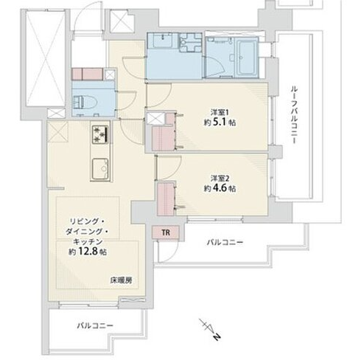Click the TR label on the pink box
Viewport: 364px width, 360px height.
click(x=166, y=232)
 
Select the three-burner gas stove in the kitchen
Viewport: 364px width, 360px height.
click(x=100, y=134)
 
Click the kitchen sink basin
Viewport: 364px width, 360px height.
click(x=100, y=168)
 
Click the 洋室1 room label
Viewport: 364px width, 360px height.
click(x=220, y=113)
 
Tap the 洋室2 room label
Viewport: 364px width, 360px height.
click(x=220, y=178)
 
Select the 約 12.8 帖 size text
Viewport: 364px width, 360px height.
click(x=88, y=252)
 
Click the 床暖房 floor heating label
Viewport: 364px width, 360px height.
click(x=121, y=280)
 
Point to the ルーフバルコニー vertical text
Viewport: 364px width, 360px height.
click(x=293, y=114)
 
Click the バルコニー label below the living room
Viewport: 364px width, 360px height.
click(x=95, y=326)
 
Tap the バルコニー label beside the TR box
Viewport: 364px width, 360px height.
click(x=225, y=243)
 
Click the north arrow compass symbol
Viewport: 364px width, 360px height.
click(x=209, y=329)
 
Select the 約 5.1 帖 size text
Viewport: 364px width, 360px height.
click(x=220, y=122)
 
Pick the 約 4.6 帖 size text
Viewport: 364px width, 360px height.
click(x=220, y=188)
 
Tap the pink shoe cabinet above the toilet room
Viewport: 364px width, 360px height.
click(x=87, y=74)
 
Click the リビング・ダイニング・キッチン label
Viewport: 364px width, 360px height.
click(x=87, y=232)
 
